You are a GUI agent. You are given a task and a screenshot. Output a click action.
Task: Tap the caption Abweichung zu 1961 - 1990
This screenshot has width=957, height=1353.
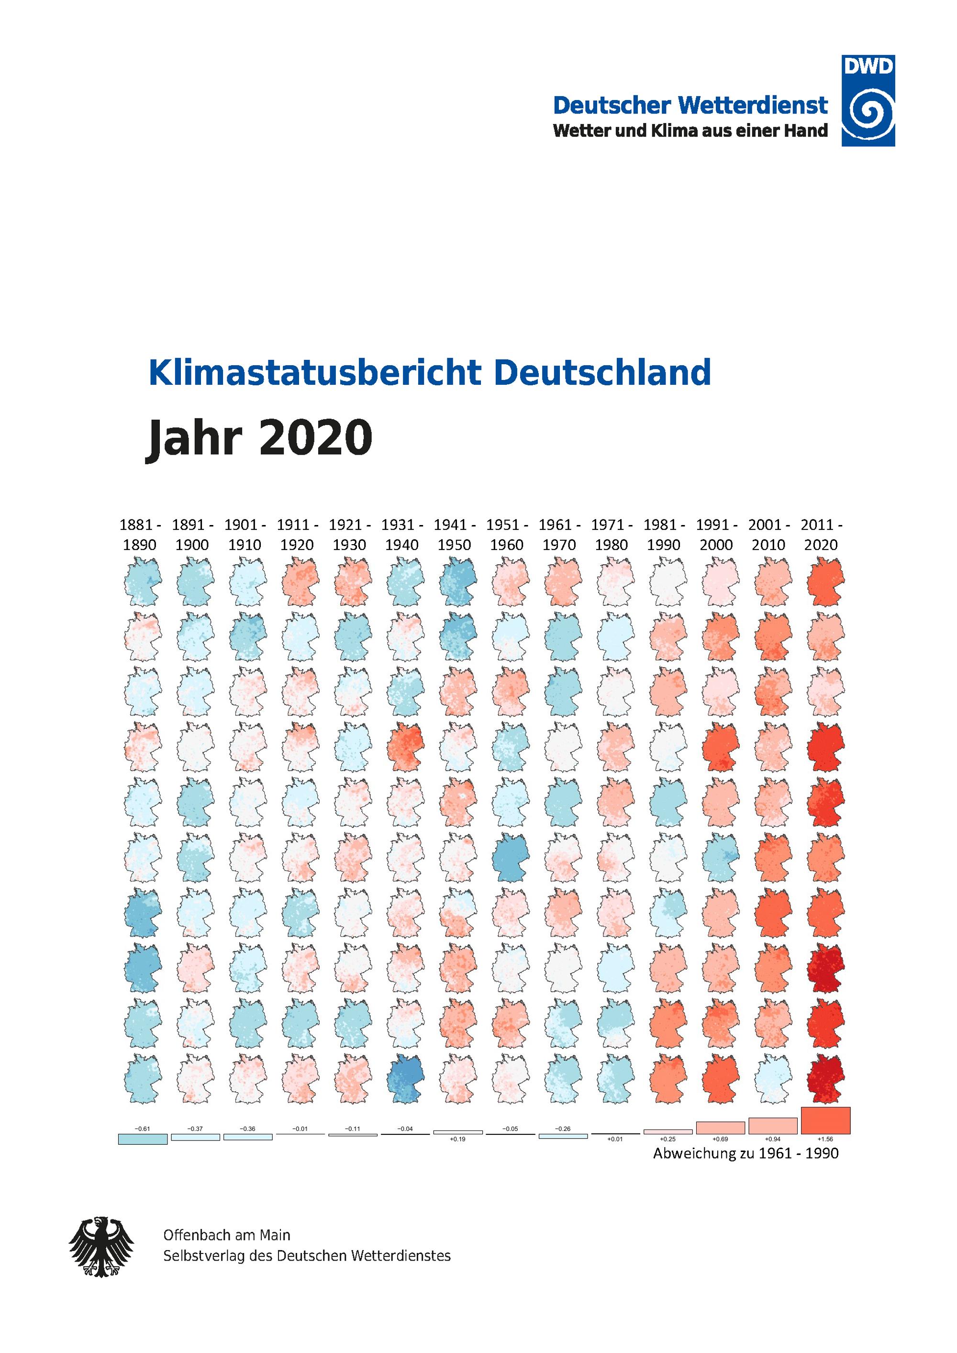coord(746,1153)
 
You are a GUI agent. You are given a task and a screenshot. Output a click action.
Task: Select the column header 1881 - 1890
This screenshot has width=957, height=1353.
coord(140,535)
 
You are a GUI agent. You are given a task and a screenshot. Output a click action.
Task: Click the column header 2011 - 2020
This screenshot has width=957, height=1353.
coord(822,535)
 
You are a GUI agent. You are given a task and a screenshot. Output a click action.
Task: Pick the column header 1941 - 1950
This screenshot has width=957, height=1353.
coord(455,535)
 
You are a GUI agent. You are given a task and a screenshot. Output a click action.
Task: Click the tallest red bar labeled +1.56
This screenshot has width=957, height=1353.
coord(825,1120)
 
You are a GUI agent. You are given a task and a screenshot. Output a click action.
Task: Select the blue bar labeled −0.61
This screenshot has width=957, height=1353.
coord(143,1139)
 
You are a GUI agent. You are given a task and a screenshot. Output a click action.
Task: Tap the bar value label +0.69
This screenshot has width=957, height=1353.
coord(721,1139)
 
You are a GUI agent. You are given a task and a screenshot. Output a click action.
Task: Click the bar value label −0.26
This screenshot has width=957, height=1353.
coord(563,1129)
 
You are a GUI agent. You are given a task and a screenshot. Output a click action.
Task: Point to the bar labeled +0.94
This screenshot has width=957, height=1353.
coord(773,1126)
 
